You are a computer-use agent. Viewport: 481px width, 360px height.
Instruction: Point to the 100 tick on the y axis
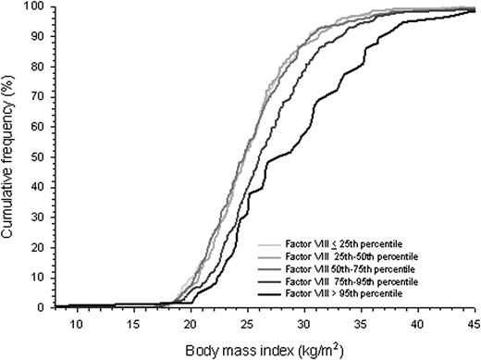[38, 6]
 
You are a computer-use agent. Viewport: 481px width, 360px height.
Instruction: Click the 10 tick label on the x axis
[76, 323]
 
